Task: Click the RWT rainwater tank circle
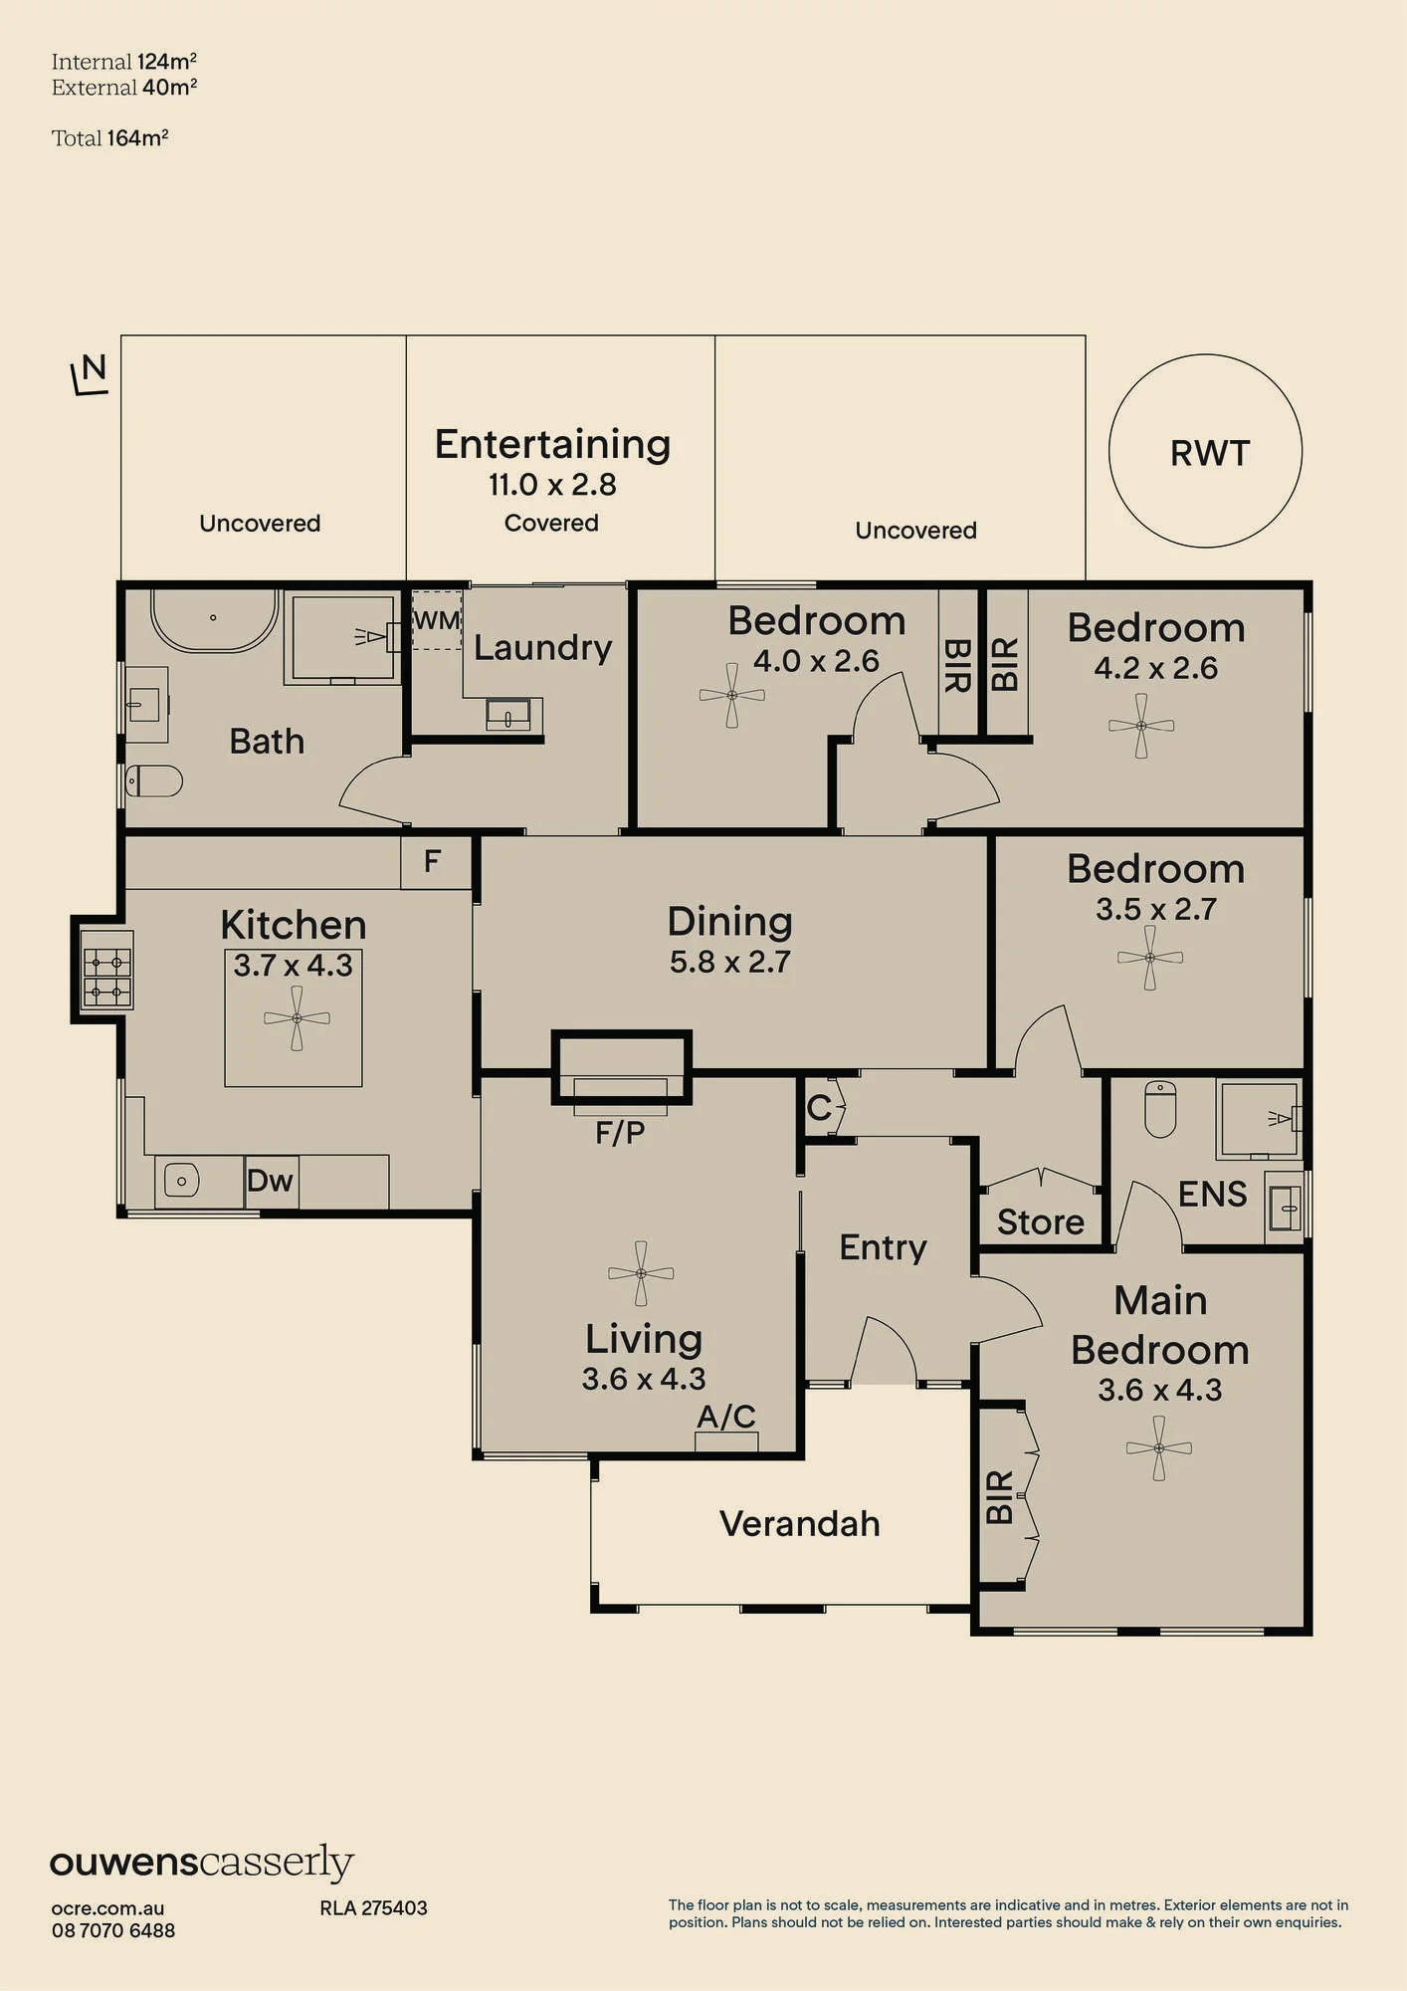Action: (x=1206, y=355)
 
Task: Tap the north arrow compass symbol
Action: (x=90, y=374)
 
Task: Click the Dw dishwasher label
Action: (x=270, y=1181)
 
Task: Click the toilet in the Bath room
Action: (x=154, y=780)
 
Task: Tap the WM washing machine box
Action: (x=437, y=620)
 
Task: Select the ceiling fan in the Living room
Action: (x=641, y=1273)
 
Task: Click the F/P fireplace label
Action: (x=620, y=1133)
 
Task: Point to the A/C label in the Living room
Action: (x=726, y=1416)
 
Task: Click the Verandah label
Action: (x=800, y=1523)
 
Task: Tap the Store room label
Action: (x=1041, y=1221)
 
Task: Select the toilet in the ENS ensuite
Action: (x=1160, y=1109)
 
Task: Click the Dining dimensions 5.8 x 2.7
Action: (x=730, y=962)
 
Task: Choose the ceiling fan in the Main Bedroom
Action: (x=1159, y=1447)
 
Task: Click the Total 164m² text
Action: (x=110, y=138)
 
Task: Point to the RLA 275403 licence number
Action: (x=373, y=1907)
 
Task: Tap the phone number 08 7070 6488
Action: (x=113, y=1929)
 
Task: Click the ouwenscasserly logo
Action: (x=202, y=1863)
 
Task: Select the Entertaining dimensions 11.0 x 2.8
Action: (x=552, y=485)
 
